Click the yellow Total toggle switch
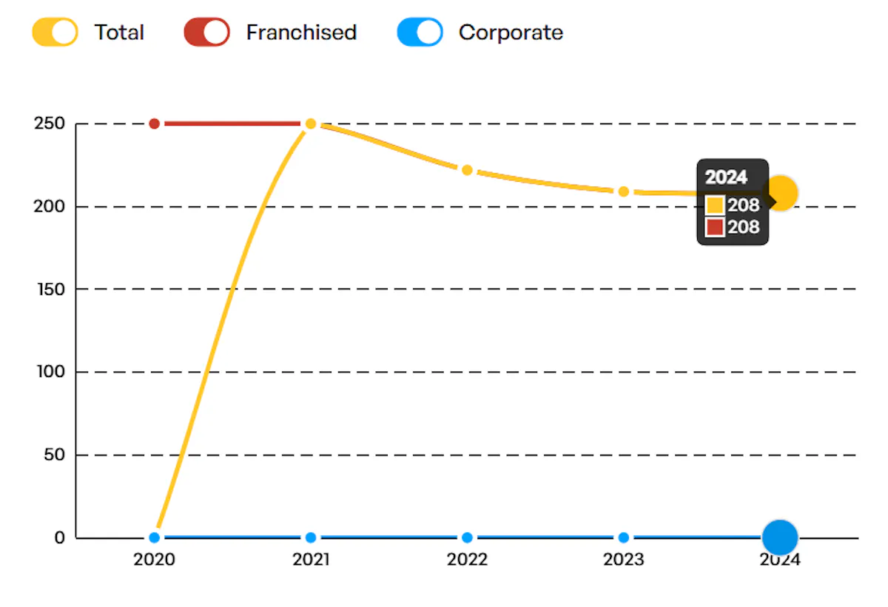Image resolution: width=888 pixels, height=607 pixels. coord(55,32)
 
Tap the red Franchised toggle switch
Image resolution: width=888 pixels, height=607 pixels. coord(206,32)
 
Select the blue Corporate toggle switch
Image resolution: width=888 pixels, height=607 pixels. coord(420,32)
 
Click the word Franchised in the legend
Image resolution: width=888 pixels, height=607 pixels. coord(301,33)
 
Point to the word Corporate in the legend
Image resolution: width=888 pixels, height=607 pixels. coord(511,33)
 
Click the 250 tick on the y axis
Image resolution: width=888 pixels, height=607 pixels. coord(50,123)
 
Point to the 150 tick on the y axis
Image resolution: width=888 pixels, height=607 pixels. coord(51,289)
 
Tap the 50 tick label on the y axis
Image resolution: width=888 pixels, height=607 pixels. coord(54,455)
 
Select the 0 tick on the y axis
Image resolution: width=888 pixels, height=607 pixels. coord(60,538)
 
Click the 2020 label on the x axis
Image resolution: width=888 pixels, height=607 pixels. coord(154,560)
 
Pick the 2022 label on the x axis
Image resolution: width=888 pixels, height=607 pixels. coord(467,560)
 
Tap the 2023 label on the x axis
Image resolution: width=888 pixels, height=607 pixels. coord(624,560)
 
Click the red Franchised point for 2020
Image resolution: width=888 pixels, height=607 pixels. coord(154,124)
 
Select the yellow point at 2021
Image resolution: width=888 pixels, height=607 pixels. coord(311,124)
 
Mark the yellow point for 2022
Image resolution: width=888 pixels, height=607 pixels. coord(467,170)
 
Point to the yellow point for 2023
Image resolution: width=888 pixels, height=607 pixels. coord(624,192)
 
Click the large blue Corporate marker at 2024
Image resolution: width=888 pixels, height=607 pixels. coord(780,538)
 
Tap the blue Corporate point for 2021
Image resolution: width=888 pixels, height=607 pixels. coord(311,538)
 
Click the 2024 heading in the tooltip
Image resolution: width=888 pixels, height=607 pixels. coord(726,177)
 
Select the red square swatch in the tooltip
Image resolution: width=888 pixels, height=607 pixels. coord(715,227)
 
